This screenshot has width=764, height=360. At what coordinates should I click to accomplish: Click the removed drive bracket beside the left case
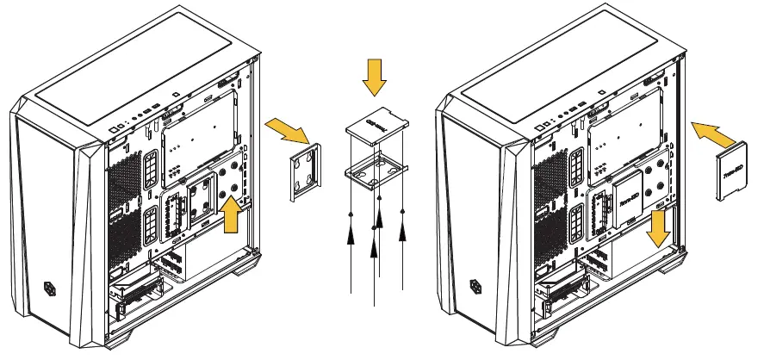[304, 173]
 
